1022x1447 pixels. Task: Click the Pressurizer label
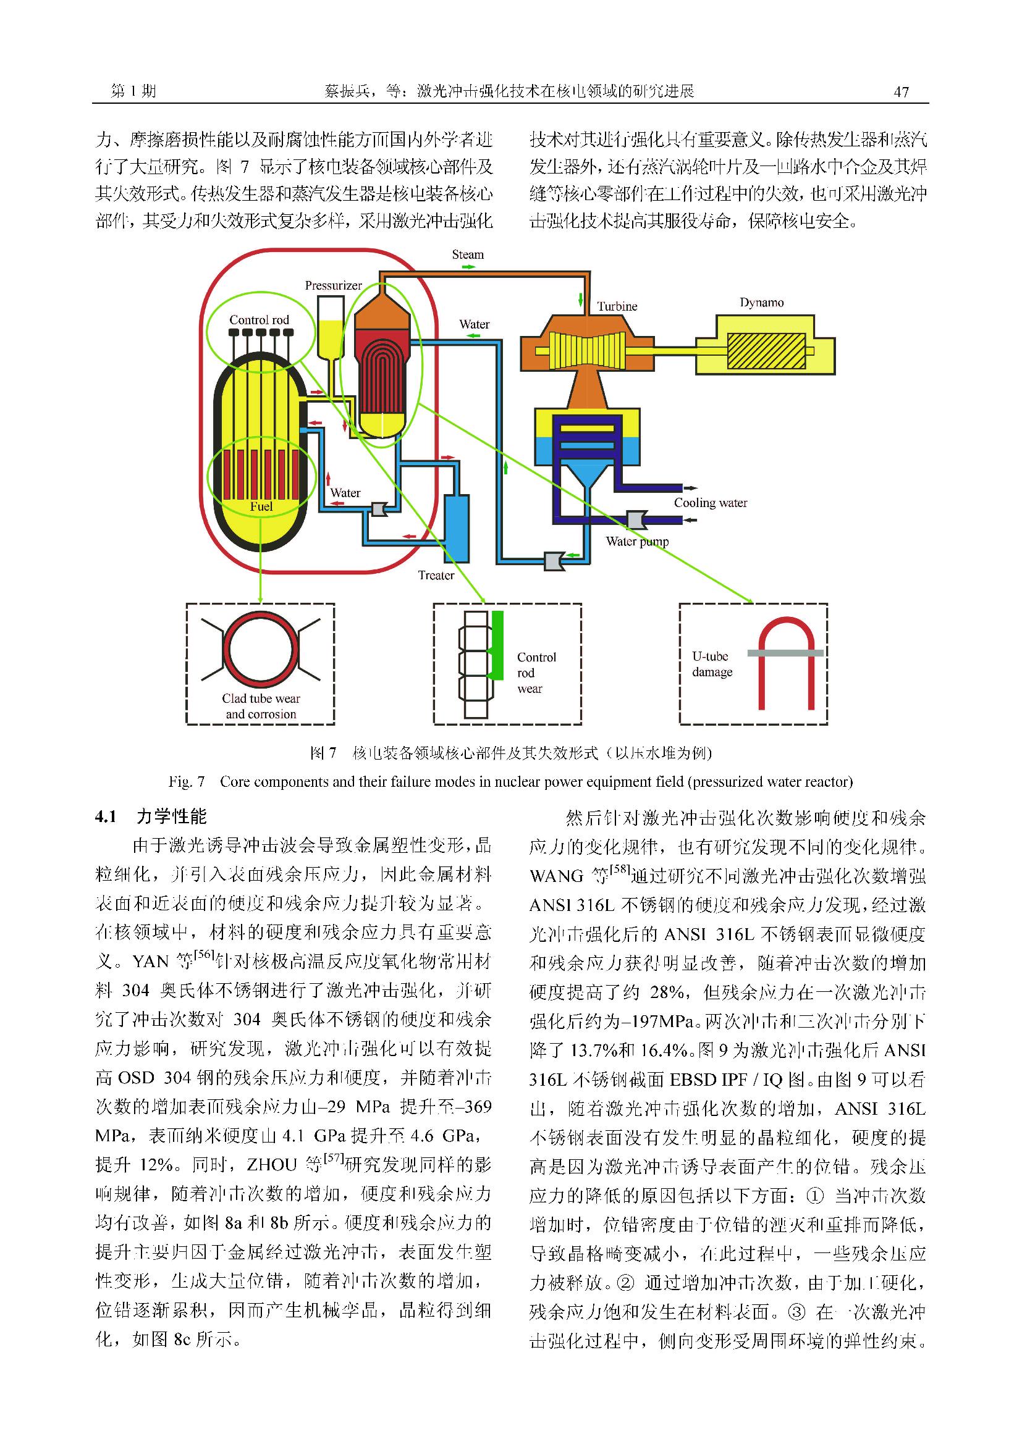pos(334,285)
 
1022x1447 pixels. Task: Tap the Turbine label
pos(617,306)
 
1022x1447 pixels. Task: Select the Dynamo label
pos(762,303)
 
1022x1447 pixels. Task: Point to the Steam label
pos(468,254)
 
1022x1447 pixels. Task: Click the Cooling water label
pos(711,503)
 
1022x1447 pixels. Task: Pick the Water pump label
pos(638,542)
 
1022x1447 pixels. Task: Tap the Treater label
pos(436,576)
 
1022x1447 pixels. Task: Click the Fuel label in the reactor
pos(261,506)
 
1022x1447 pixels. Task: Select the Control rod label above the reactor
pos(259,320)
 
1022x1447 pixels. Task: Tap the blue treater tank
pos(457,527)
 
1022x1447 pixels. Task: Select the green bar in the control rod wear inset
pos(497,644)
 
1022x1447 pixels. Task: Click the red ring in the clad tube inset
pos(260,650)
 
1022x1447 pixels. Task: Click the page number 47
pos(902,92)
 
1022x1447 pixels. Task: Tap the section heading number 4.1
pos(106,817)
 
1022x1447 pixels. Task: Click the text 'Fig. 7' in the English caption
pos(187,782)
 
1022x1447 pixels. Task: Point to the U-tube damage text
pos(712,665)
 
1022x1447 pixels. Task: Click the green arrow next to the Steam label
pos(468,267)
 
